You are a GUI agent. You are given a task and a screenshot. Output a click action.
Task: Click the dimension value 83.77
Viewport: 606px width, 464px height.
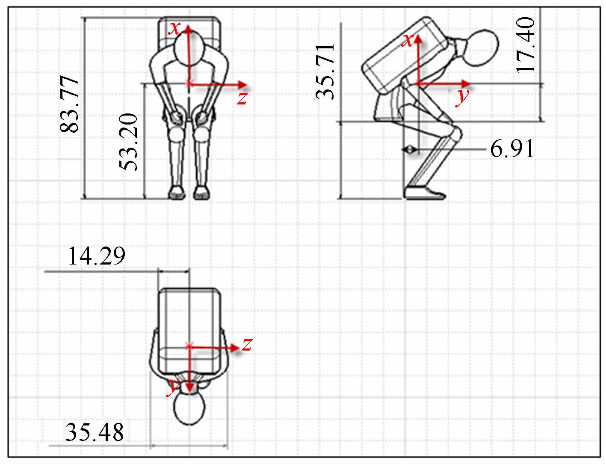(69, 104)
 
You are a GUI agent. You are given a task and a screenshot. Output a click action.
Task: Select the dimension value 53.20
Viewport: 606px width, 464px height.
(128, 142)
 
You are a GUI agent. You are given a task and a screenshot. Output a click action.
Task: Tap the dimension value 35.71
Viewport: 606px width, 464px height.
(325, 71)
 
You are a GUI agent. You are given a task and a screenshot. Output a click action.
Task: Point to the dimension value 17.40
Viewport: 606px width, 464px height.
(525, 45)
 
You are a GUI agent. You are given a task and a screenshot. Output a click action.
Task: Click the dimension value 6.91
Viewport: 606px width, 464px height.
(512, 149)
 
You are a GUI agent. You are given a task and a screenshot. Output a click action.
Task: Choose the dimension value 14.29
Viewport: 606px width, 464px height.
(96, 256)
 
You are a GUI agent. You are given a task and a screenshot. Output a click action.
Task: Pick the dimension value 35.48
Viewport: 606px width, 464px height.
(95, 432)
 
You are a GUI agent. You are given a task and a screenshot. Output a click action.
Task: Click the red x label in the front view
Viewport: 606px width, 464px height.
(174, 28)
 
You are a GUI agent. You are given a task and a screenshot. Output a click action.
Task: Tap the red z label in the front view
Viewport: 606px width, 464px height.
(242, 98)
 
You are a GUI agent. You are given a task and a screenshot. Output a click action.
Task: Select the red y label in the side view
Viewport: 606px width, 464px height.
(462, 98)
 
